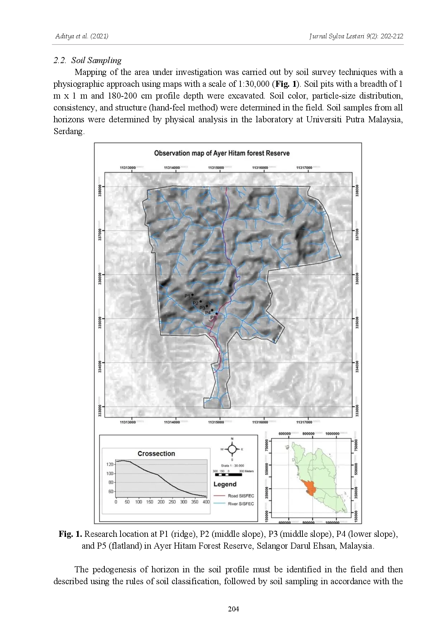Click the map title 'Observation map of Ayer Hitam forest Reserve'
pos(222,153)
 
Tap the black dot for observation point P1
pos(192,295)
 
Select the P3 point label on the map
pos(202,308)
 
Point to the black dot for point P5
pos(216,313)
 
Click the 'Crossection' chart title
pos(156,454)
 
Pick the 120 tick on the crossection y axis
pos(110,464)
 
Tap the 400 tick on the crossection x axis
pos(206,502)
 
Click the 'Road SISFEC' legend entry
pos(241,496)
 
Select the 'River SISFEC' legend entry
pos(241,504)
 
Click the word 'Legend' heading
pos(225,484)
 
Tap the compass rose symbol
pos(232,449)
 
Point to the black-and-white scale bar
pos(228,475)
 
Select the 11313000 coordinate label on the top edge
pos(128,167)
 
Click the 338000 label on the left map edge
pos(100,190)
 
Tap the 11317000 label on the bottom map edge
pos(304,422)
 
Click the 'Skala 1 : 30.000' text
pos(232,465)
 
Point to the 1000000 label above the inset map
pos(332,434)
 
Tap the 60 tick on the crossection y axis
pos(111,492)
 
